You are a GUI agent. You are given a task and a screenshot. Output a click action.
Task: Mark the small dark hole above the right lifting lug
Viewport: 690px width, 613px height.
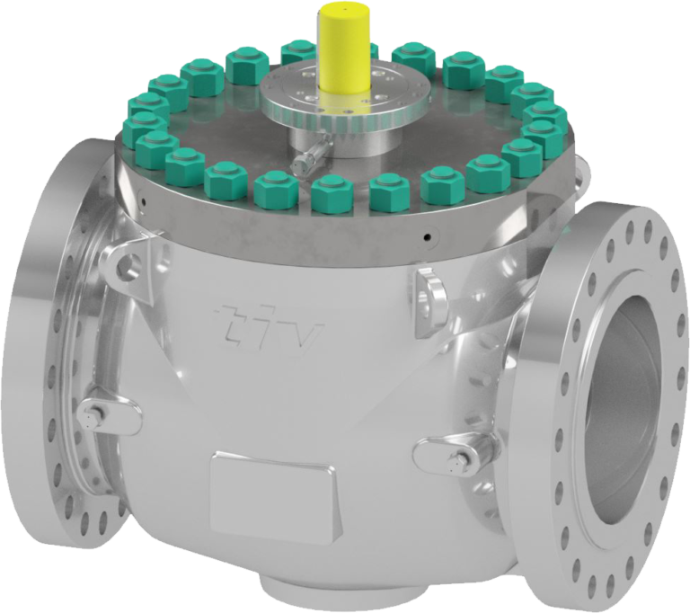pyautogui.click(x=426, y=239)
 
